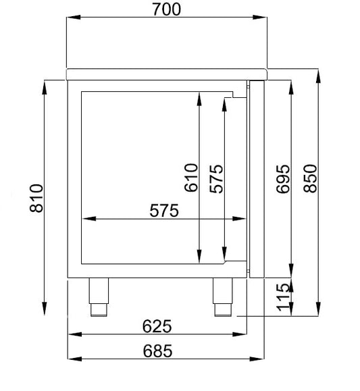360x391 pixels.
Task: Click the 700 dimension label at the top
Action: coord(166,9)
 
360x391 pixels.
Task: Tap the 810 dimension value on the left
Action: coord(36,199)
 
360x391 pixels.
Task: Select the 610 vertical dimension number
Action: coord(191,178)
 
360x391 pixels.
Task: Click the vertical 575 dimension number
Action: coord(216,179)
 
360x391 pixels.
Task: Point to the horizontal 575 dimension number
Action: coord(164,211)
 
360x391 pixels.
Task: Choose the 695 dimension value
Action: coord(283,179)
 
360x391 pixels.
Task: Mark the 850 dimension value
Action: coord(310,178)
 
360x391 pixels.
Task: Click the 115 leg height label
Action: coord(284,297)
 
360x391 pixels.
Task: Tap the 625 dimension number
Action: coord(157,326)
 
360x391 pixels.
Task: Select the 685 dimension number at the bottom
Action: coord(157,351)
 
